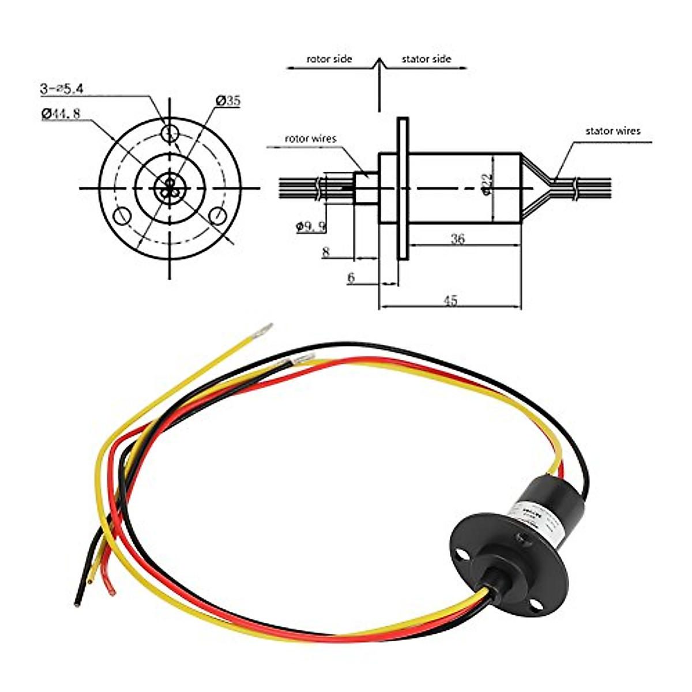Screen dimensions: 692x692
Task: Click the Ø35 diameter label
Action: click(229, 101)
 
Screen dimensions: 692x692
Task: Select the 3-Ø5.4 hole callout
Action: click(62, 89)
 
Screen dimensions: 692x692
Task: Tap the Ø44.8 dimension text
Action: click(61, 114)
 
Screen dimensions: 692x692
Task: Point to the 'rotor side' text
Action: click(329, 59)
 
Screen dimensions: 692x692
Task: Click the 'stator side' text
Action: click(426, 59)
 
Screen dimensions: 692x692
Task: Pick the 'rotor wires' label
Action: click(310, 138)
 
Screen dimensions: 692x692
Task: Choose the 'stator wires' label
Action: click(613, 131)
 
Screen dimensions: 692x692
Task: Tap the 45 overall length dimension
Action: click(450, 300)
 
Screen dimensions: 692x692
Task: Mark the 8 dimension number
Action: click(326, 251)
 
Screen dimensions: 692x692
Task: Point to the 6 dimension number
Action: click(351, 278)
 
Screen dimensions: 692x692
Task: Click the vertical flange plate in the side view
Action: click(403, 188)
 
